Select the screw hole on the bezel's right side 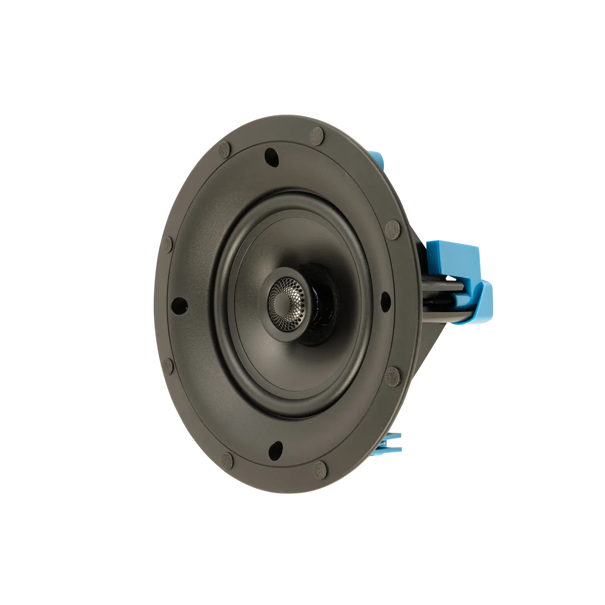click(385, 299)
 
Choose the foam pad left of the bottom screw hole click(227, 459)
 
